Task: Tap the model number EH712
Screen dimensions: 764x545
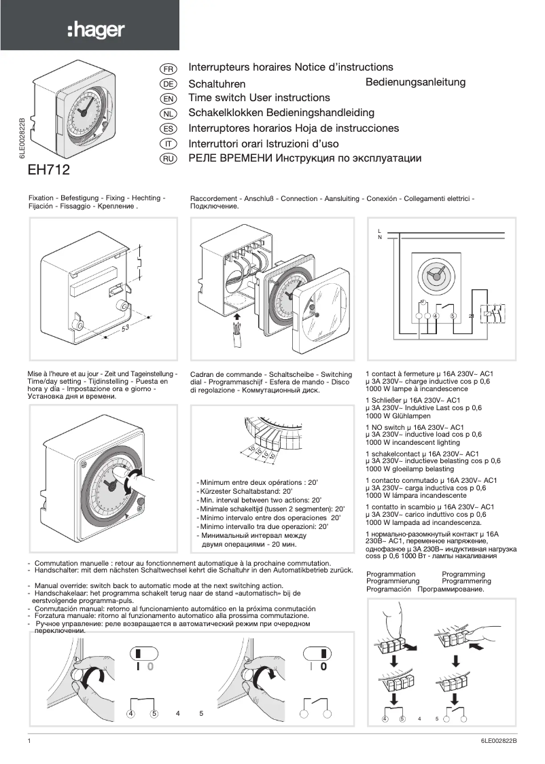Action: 48,168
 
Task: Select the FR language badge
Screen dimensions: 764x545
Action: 167,69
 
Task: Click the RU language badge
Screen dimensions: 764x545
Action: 167,160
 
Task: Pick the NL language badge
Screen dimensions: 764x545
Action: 167,114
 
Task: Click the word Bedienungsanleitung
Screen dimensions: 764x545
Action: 415,82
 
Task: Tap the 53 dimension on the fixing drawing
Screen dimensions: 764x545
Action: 126,329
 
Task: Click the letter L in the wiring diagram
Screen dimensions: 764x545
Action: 379,231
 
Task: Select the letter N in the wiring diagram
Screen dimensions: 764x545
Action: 379,238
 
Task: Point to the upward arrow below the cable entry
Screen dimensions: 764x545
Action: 236,316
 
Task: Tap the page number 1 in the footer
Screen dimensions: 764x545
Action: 30,742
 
